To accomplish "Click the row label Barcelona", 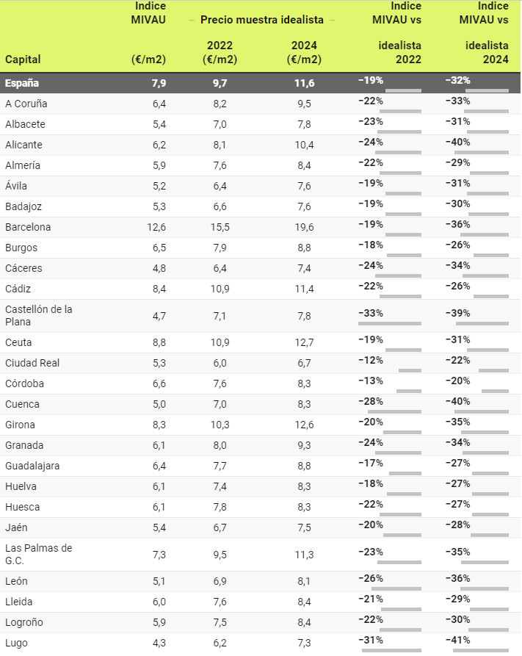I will tap(28, 227).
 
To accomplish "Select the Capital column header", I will tap(23, 59).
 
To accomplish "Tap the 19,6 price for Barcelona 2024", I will tap(301, 227).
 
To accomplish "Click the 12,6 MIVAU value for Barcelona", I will tap(156, 227).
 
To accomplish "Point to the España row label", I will tap(22, 82).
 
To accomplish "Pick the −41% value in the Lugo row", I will tap(458, 640).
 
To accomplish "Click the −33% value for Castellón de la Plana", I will tap(371, 313).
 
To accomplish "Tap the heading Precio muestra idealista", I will tap(267, 20).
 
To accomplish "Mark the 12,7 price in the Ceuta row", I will tap(301, 342).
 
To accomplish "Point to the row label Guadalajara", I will tap(32, 466).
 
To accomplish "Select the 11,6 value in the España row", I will tap(301, 82).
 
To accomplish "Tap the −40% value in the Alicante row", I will tap(458, 142).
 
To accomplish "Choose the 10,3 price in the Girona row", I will tap(218, 425).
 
